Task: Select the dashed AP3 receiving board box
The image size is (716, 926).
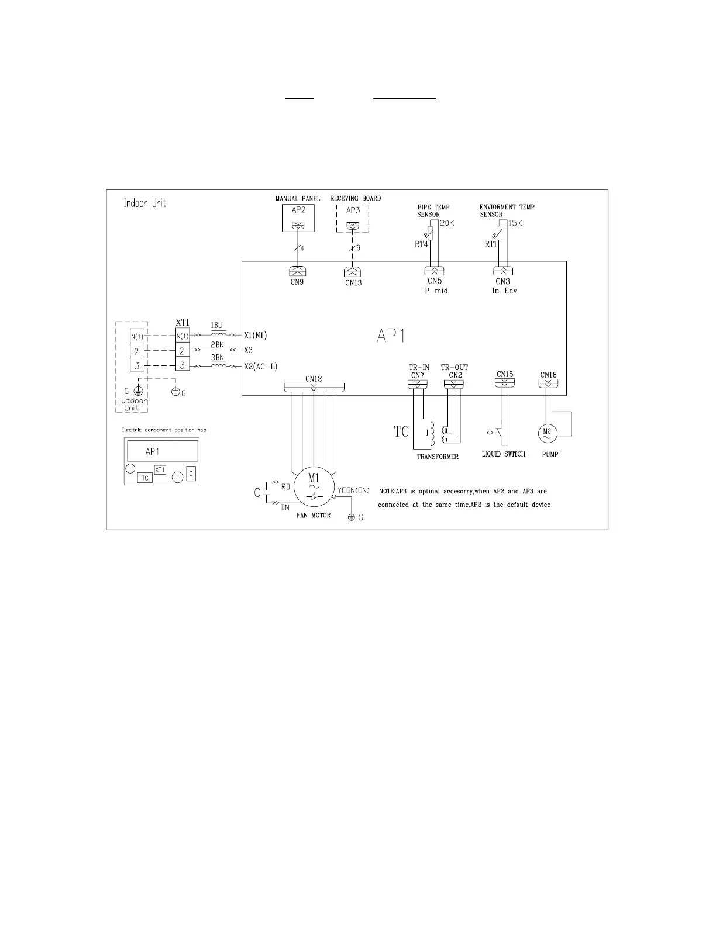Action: pos(353,218)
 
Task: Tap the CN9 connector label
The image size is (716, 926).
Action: pos(297,282)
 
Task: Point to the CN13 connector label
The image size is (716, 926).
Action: pos(353,283)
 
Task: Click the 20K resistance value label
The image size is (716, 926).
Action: pos(447,223)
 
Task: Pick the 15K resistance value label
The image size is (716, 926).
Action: pos(515,223)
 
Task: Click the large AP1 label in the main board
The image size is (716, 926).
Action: pos(390,336)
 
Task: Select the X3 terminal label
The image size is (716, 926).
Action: pos(248,350)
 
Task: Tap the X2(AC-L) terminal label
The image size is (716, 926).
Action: pos(260,366)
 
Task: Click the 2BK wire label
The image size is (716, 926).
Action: pos(217,345)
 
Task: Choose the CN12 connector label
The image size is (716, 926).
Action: pos(314,378)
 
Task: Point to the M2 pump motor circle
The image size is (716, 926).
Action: pos(548,433)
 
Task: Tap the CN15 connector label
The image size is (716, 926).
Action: pos(505,374)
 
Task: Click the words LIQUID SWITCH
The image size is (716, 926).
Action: pos(503,454)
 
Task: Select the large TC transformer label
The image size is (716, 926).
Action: pos(401,432)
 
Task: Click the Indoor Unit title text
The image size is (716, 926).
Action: pos(145,203)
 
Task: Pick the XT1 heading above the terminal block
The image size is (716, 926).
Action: pos(183,322)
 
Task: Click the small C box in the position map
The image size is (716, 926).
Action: pos(191,474)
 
